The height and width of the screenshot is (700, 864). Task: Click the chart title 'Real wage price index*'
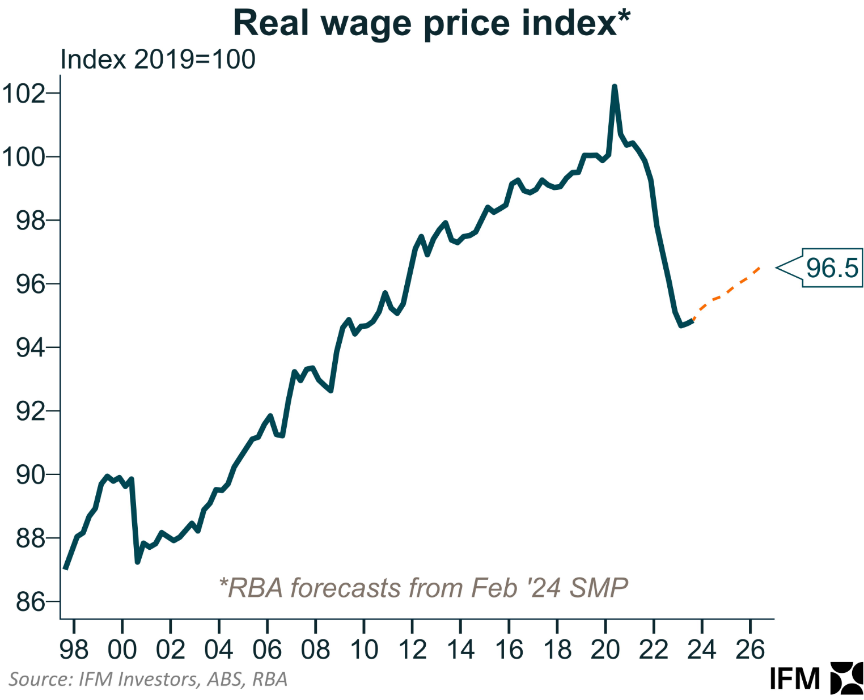pos(431,23)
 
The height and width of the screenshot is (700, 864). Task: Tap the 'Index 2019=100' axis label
pos(158,60)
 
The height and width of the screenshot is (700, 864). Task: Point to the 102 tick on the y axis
pos(24,94)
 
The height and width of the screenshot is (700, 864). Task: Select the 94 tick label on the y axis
pos(30,347)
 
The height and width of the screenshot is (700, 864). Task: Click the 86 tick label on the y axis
pos(30,601)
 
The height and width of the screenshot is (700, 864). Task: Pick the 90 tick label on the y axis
pos(30,474)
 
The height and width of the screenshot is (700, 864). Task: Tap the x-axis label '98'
pos(74,650)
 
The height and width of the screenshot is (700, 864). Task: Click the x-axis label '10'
pos(364,650)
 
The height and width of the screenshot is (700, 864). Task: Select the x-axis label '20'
pos(605,650)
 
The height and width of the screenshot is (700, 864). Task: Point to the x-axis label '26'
pos(750,650)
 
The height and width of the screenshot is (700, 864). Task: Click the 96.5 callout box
pos(832,268)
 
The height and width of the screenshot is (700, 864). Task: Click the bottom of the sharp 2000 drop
pos(137,562)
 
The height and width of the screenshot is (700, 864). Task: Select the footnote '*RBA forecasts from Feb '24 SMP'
pos(423,588)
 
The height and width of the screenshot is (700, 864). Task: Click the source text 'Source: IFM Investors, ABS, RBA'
pos(148,679)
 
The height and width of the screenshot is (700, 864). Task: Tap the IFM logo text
pos(795,678)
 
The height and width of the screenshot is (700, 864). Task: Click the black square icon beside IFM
pos(846,678)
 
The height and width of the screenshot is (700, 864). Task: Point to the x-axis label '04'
pos(219,650)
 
